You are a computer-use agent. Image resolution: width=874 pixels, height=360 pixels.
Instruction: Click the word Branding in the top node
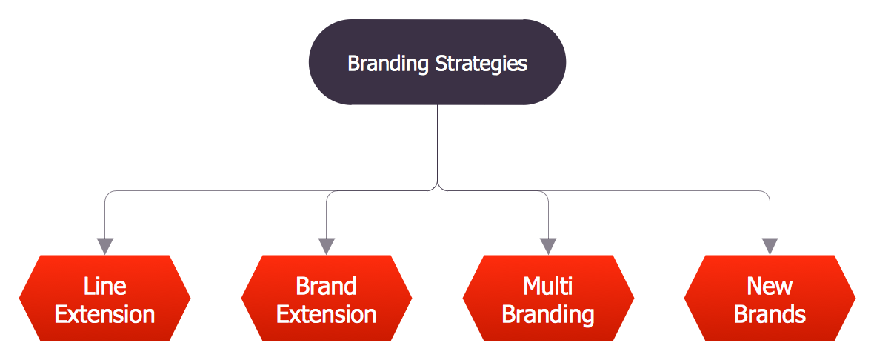pos(387,64)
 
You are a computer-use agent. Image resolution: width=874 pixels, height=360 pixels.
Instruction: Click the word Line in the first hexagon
pos(104,286)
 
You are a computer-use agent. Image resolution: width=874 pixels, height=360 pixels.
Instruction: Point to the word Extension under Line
pos(104,314)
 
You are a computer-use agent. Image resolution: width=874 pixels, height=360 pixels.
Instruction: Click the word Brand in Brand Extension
pos(326,286)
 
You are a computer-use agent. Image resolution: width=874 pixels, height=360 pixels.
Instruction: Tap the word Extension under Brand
pos(326,314)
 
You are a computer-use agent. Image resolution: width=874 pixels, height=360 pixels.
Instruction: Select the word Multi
pos(547,286)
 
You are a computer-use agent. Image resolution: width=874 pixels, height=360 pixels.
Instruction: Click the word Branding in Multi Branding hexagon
pos(547,314)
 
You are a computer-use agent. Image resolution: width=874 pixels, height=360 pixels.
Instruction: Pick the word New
pos(770,286)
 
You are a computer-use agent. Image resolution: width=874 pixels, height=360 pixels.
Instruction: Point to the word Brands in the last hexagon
pos(770,314)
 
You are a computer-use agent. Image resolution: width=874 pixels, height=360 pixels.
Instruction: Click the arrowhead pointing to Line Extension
pos(105,246)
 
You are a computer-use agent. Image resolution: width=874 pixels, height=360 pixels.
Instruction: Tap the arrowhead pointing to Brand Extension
pos(327,246)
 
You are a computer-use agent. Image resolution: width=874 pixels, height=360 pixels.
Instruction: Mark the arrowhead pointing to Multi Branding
pos(548,246)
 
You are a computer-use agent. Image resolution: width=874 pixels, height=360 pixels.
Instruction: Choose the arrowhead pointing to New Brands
pos(770,246)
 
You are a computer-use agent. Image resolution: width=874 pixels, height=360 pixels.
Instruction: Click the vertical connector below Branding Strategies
pos(438,144)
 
